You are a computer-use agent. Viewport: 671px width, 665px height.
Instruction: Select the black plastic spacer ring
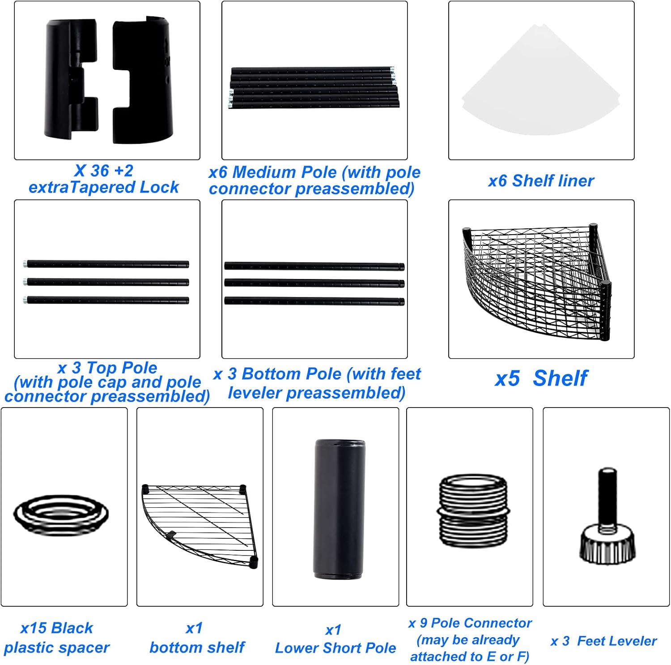click(61, 515)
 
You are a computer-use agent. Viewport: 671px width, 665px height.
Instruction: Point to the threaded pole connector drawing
click(473, 511)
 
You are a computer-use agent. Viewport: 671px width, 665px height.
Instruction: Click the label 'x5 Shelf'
click(541, 378)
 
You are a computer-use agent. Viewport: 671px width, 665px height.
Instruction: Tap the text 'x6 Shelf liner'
click(541, 181)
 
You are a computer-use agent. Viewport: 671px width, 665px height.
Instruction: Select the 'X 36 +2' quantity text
click(104, 171)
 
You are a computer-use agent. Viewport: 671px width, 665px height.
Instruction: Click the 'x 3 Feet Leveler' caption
click(603, 641)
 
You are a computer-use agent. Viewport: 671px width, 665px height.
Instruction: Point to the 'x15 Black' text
click(57, 628)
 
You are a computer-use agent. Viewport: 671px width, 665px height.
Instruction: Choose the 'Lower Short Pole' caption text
click(335, 648)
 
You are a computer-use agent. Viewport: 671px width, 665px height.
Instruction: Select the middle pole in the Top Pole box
click(106, 282)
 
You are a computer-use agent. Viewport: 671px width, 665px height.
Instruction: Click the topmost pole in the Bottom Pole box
click(314, 266)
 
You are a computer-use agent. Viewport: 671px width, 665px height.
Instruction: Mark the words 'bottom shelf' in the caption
click(197, 648)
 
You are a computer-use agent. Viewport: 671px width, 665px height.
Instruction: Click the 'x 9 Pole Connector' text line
click(470, 623)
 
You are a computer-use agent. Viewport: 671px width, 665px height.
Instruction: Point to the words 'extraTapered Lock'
click(104, 187)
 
